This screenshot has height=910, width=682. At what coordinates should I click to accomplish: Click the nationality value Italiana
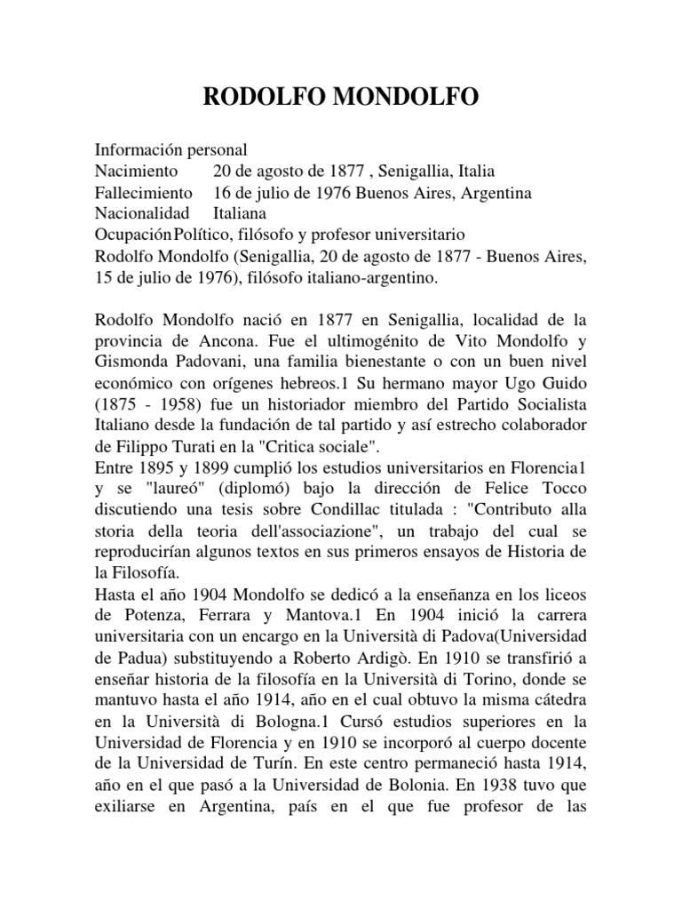[x=240, y=214]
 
